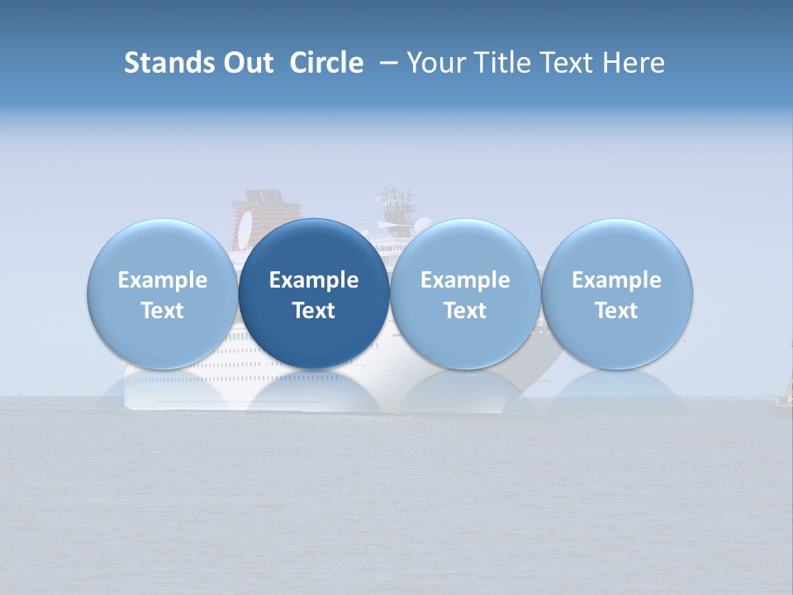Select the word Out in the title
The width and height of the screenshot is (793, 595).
pos(245,63)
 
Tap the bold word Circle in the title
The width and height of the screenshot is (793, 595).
pos(326,63)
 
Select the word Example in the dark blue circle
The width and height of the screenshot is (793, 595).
pos(314,280)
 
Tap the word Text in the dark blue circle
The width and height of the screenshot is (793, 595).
pos(314,311)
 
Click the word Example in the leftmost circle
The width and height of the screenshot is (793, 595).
pos(163,280)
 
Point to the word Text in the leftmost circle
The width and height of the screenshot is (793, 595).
pos(163,311)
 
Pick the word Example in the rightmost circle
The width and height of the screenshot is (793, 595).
pos(616,280)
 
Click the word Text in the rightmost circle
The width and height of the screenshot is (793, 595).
pos(616,311)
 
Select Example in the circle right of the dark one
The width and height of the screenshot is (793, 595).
pos(465,280)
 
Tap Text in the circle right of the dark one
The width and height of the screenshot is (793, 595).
pos(465,311)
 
